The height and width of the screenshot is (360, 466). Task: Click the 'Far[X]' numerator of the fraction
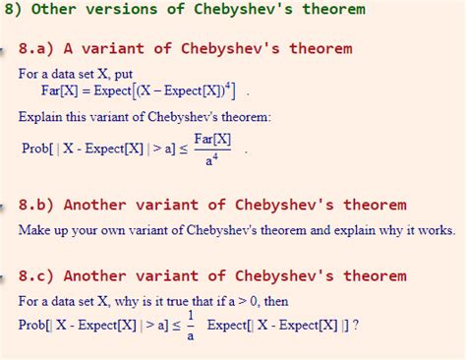coord(211,140)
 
